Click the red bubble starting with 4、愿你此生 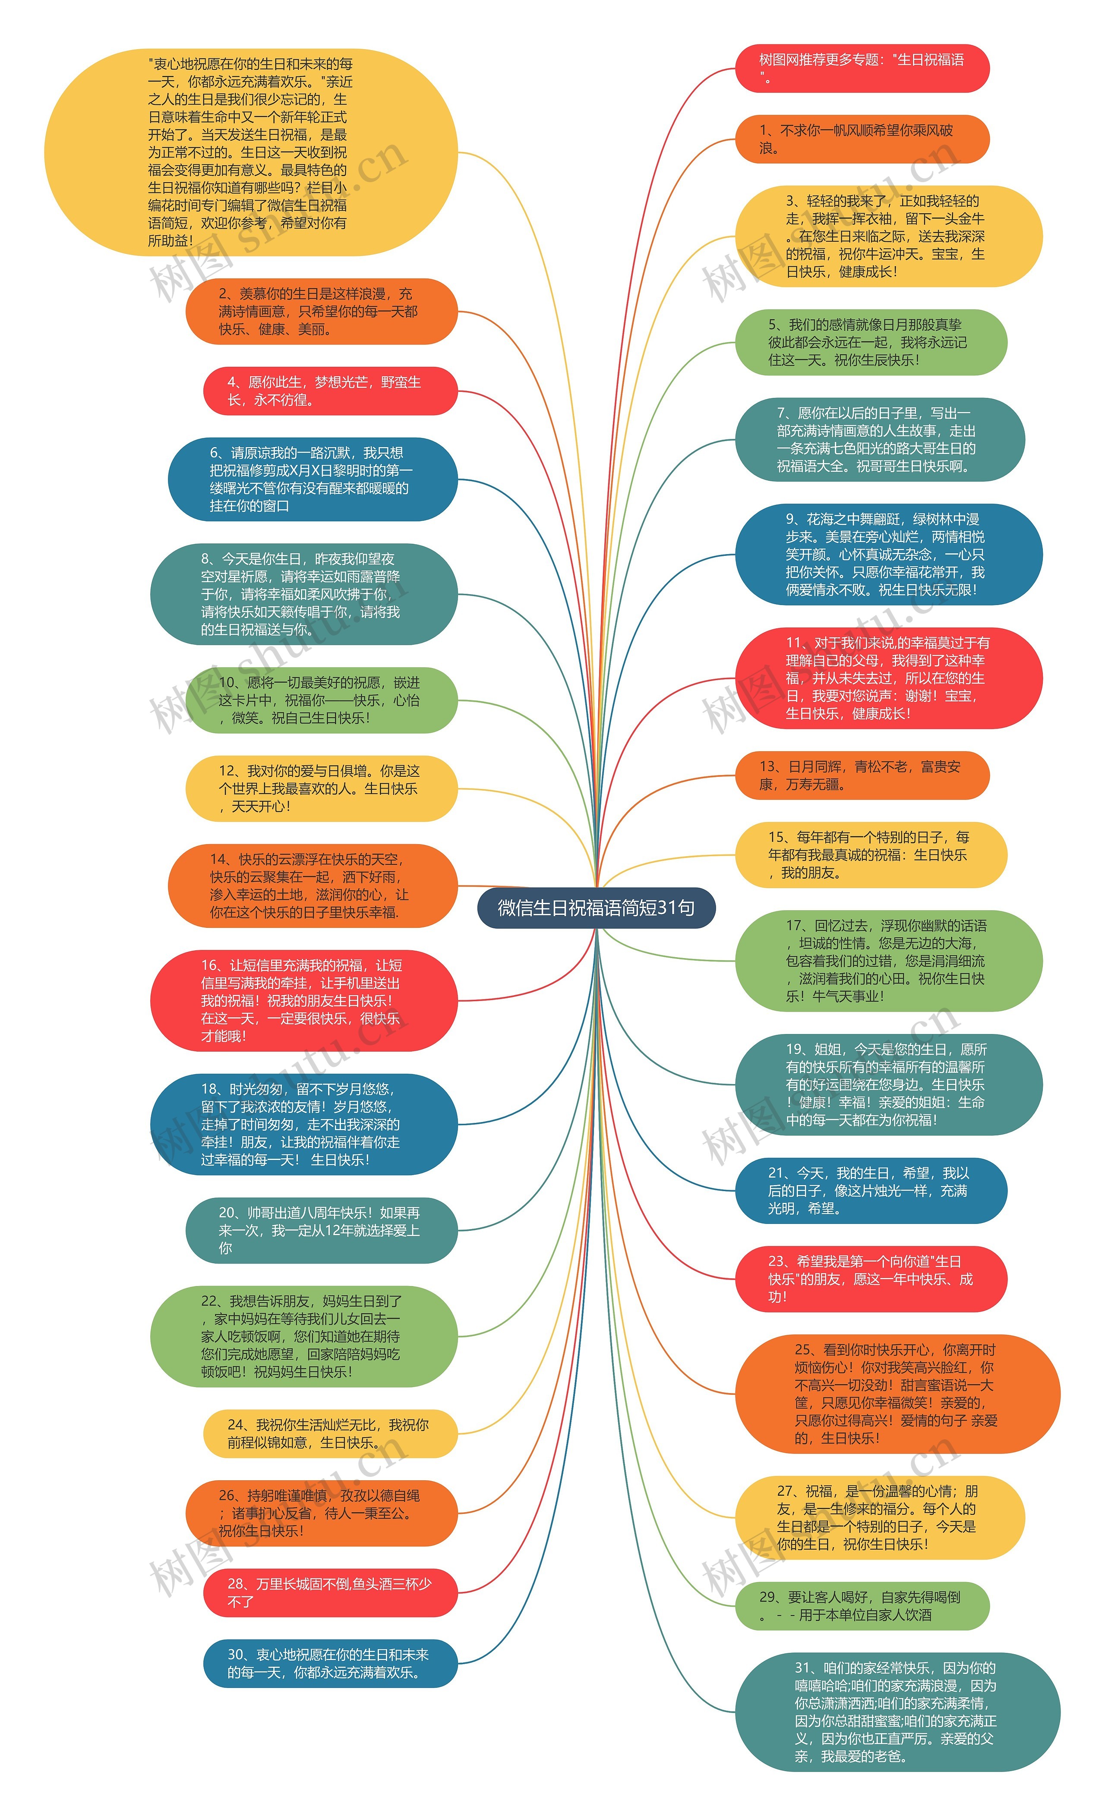pyautogui.click(x=330, y=391)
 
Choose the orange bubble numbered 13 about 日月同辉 pyautogui.click(x=862, y=776)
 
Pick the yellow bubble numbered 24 pyautogui.click(x=330, y=1434)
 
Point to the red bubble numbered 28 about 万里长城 pyautogui.click(x=330, y=1593)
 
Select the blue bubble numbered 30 pyautogui.click(x=330, y=1663)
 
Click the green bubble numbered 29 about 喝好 pyautogui.click(x=862, y=1606)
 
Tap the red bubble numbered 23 pyautogui.click(x=871, y=1279)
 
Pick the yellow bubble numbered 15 pyautogui.click(x=871, y=855)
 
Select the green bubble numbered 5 pyautogui.click(x=871, y=342)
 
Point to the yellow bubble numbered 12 pyautogui.click(x=322, y=788)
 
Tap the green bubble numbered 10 pyautogui.click(x=322, y=700)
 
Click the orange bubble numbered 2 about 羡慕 pyautogui.click(x=322, y=311)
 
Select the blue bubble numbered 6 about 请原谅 pyautogui.click(x=313, y=479)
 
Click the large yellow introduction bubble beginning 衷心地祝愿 pyautogui.click(x=251, y=153)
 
